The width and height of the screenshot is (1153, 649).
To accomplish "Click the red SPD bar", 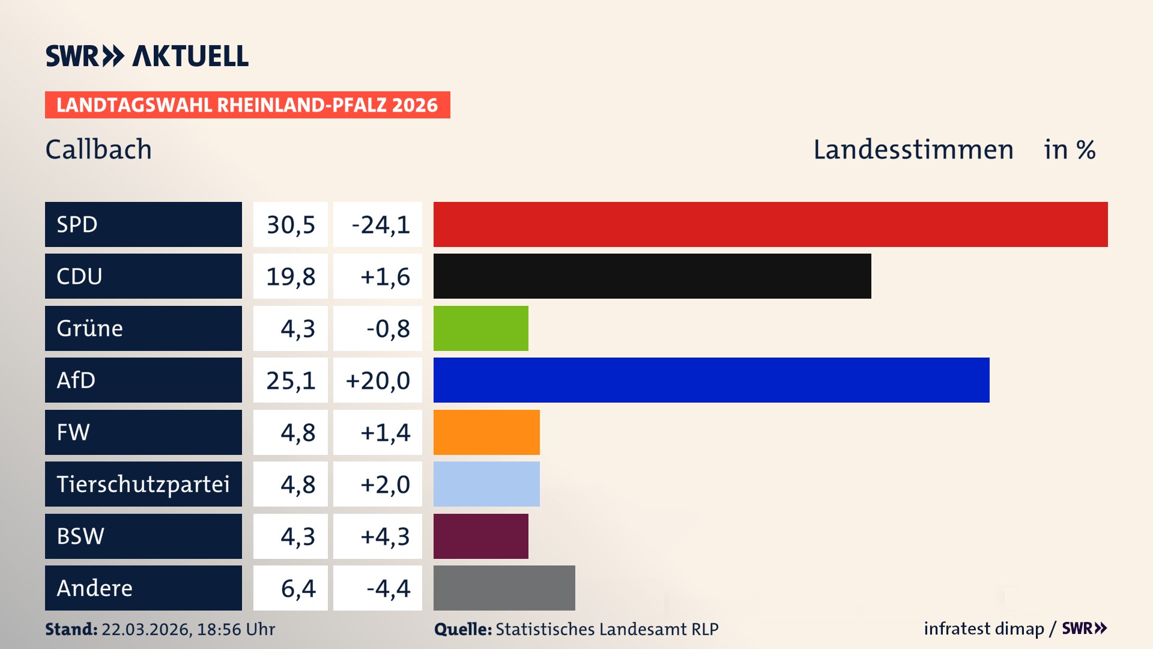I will [770, 224].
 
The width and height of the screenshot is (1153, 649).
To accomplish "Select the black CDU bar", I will [652, 276].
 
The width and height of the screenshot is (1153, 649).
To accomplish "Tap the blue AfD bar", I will [711, 380].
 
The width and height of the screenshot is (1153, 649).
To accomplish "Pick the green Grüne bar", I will [480, 328].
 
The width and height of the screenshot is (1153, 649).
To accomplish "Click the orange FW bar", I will [486, 432].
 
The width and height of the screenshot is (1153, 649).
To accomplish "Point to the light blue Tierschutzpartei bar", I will [486, 484].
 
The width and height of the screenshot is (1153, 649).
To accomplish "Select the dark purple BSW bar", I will [480, 536].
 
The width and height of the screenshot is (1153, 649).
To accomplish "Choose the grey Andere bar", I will [504, 588].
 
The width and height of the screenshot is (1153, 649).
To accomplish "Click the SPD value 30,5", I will [291, 225].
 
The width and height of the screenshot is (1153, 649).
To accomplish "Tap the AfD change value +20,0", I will [378, 380].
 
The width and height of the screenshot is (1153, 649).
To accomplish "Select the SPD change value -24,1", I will [380, 225].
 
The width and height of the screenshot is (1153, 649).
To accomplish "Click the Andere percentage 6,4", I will [298, 588].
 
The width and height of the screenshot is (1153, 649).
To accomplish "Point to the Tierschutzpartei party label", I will [143, 484].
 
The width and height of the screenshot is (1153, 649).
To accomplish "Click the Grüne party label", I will [90, 328].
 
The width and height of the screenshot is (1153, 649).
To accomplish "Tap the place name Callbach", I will [98, 150].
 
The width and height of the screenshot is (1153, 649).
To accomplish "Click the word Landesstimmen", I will [913, 150].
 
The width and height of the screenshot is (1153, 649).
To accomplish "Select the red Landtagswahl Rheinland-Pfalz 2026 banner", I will [247, 105].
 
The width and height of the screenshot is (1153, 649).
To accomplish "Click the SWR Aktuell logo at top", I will [147, 56].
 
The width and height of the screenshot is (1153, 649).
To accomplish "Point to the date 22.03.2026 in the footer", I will [145, 629].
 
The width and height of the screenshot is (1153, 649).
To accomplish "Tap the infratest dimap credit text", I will [984, 629].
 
